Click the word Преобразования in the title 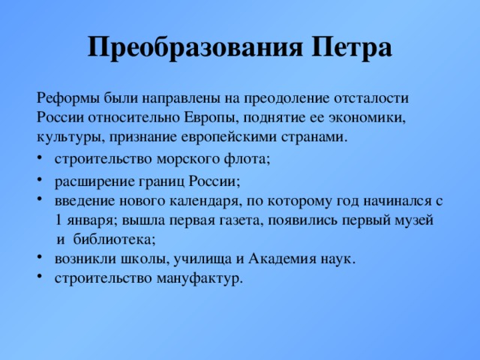pyautogui.click(x=195, y=48)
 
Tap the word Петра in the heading pyautogui.click(x=352, y=48)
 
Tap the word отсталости pyautogui.click(x=371, y=99)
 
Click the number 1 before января pyautogui.click(x=58, y=220)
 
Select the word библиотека pyautogui.click(x=114, y=240)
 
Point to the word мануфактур pyautogui.click(x=200, y=278)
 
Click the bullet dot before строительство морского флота pyautogui.click(x=40, y=157)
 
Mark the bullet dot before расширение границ pyautogui.click(x=40, y=180)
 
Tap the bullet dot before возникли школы pyautogui.click(x=40, y=257)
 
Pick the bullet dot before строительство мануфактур pyautogui.click(x=40, y=277)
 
